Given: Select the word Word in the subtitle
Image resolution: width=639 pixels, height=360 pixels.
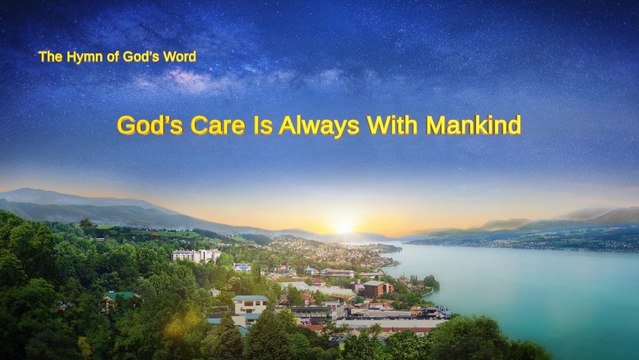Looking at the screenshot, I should [180, 57].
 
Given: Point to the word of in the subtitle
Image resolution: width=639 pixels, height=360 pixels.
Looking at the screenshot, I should [112, 57].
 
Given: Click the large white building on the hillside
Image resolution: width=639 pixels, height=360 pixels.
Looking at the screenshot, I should [196, 256].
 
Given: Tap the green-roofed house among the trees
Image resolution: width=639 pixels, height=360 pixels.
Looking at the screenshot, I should [121, 296].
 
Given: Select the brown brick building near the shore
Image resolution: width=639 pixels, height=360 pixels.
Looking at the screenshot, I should [376, 288].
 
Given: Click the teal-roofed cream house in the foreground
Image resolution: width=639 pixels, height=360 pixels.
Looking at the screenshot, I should [250, 303].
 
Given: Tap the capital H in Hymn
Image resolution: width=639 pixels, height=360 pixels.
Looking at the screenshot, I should [72, 57].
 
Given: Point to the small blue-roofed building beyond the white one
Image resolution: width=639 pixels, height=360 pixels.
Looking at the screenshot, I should [242, 267].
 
